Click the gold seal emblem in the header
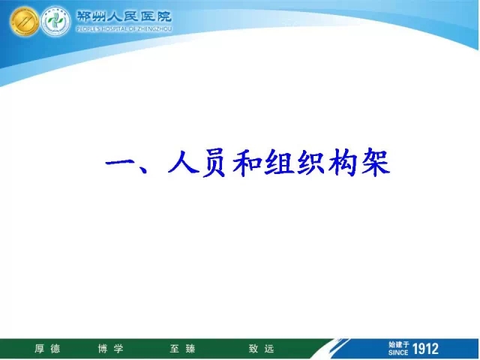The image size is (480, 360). [24, 21]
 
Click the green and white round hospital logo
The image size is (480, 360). [55, 21]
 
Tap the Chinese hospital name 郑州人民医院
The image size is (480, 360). [124, 16]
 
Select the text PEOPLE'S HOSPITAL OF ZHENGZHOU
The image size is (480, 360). [124, 29]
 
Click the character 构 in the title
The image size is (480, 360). [343, 162]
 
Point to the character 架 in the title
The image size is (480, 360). [376, 162]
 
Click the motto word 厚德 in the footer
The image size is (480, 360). [47, 349]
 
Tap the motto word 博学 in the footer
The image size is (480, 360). [110, 349]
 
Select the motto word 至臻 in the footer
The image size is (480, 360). [182, 349]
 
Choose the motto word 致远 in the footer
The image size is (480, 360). [261, 349]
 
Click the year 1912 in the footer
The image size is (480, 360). [425, 349]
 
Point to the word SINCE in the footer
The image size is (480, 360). [398, 352]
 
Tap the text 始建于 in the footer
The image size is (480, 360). [399, 345]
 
